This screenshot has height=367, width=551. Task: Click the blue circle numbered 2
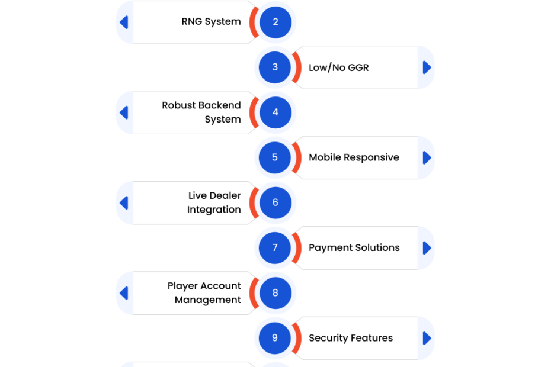[x=275, y=22]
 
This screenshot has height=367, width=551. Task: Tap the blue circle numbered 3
[x=275, y=67]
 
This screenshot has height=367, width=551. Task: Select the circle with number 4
[x=275, y=112]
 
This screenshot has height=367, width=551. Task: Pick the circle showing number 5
[x=275, y=157]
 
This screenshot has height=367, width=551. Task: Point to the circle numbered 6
[x=275, y=202]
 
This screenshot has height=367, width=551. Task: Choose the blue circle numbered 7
[x=275, y=247]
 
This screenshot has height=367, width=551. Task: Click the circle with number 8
[x=275, y=293]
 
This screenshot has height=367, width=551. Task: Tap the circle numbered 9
[x=275, y=338]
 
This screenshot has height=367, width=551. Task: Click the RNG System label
[x=211, y=22]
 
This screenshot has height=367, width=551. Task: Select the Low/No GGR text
[x=339, y=67]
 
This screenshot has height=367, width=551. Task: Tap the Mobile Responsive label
[x=354, y=157]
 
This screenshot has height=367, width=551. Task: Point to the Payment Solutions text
[x=354, y=247]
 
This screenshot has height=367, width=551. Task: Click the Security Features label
[x=351, y=338]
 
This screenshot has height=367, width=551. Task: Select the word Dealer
[x=225, y=195]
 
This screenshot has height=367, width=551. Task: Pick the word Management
[x=208, y=300]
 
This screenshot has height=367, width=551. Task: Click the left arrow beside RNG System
[x=124, y=22]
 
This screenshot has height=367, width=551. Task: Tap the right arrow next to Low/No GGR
[x=427, y=67]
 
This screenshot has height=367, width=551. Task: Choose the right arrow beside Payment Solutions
[x=427, y=248]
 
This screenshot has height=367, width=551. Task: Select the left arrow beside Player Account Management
[x=124, y=293]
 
